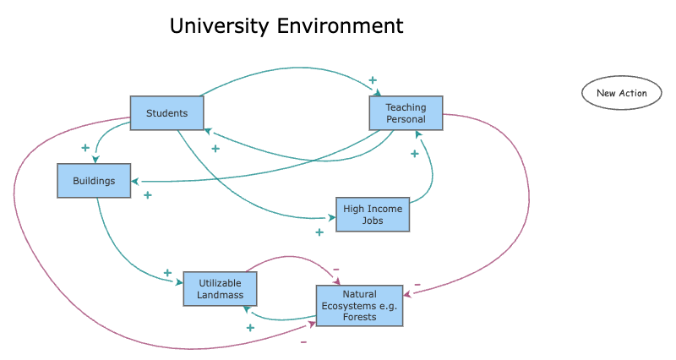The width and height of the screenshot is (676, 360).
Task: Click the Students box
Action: coord(166,113)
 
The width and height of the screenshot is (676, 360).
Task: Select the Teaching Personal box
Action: coord(406,113)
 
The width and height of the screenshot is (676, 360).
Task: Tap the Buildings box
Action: coord(94,181)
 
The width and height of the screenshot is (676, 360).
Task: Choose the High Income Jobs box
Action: coord(372,214)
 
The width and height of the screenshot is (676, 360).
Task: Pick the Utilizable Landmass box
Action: coord(220,288)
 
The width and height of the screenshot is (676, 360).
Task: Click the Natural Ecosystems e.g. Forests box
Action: coord(359,305)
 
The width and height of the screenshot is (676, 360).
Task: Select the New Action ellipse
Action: coord(621,93)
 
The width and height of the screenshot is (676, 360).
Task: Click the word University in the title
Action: coord(220,26)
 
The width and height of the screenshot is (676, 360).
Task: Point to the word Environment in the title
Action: coord(341,26)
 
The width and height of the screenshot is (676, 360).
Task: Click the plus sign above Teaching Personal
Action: coord(372,80)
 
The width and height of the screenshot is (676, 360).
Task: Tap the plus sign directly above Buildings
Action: coord(85,148)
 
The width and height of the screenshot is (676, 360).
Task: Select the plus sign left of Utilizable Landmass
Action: coord(167,273)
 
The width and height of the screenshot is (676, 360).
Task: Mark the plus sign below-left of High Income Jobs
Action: coord(319,232)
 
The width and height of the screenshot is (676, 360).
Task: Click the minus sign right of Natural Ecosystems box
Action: coord(417,284)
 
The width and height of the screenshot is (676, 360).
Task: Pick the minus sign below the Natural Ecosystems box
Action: coord(303,342)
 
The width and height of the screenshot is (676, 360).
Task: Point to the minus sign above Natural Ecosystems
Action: coord(335,270)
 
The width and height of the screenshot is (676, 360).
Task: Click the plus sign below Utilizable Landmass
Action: coord(250,327)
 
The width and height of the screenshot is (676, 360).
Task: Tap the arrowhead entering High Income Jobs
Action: coord(331,218)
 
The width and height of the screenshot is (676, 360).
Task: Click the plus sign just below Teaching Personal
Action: coord(414,154)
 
